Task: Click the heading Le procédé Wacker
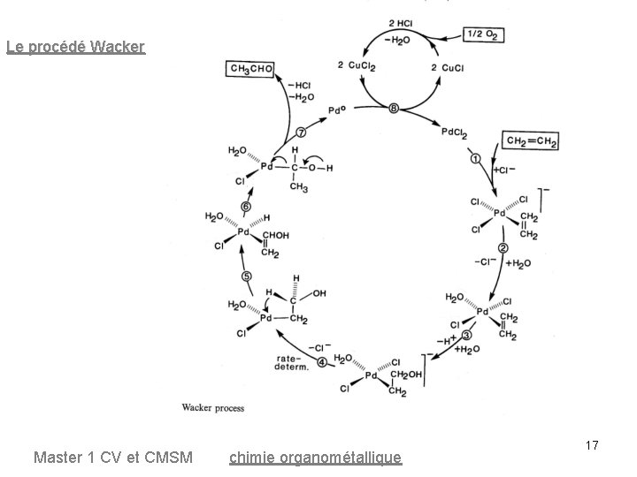[x=75, y=47]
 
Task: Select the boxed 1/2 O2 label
[x=486, y=34]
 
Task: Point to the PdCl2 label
[x=454, y=132]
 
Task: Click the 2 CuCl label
[x=445, y=67]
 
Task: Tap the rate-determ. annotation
[x=291, y=363]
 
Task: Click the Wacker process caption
[x=212, y=408]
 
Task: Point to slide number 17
[x=592, y=446]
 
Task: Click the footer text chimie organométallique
[x=315, y=458]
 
